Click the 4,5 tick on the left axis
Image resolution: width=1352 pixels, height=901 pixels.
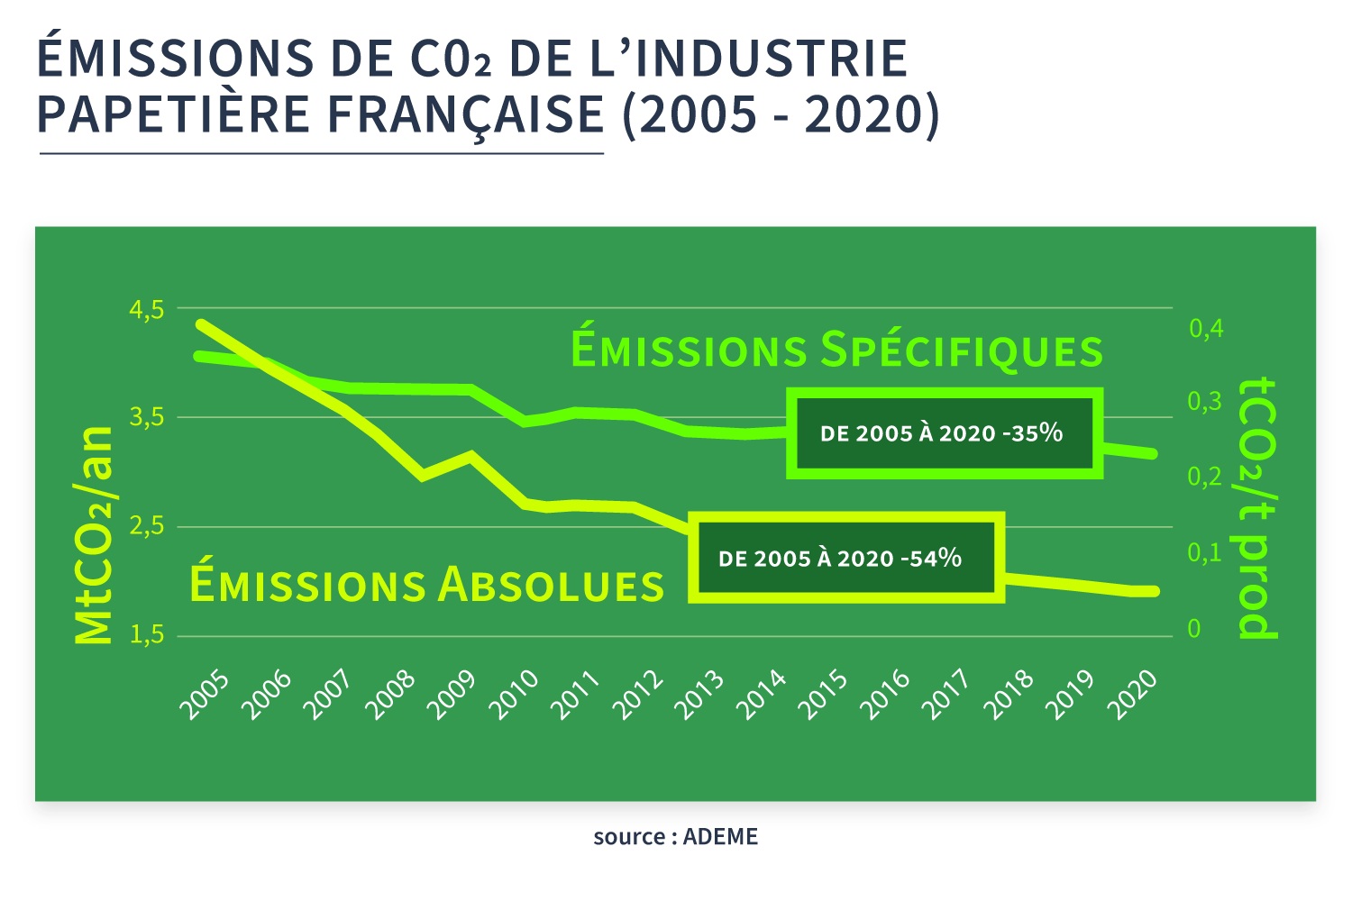click(147, 310)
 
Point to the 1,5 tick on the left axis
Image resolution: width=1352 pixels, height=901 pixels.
click(147, 635)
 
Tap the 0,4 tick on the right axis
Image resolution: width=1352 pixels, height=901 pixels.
click(1206, 328)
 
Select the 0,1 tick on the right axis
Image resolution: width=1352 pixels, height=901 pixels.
click(1205, 552)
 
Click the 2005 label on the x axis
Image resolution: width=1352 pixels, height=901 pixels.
click(205, 696)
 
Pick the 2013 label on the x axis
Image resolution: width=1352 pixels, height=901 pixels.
click(700, 696)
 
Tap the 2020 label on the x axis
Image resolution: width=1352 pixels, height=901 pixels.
click(1132, 696)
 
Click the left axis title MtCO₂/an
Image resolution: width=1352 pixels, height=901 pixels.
click(94, 535)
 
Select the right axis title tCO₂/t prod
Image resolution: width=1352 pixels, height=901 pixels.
click(1258, 508)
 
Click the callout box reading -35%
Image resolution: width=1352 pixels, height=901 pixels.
click(944, 433)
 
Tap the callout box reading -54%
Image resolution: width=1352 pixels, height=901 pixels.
click(845, 559)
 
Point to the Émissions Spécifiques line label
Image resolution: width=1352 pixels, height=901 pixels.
click(836, 350)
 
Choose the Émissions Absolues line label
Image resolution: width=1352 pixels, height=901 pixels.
click(426, 585)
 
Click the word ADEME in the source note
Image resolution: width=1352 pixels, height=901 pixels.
click(720, 837)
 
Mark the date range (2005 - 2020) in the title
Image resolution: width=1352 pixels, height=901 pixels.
click(781, 114)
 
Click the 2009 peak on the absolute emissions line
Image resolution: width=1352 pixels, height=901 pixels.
click(469, 455)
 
